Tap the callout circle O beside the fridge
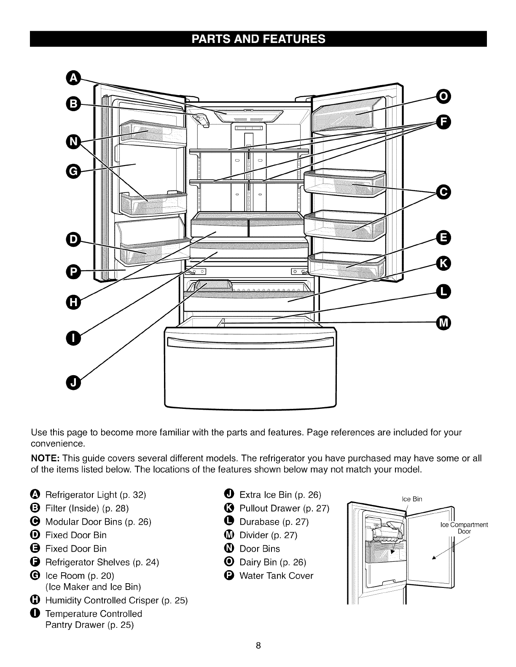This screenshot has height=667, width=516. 443,97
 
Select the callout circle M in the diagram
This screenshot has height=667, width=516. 443,323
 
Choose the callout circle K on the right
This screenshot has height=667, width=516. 443,264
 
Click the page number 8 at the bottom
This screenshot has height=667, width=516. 258,646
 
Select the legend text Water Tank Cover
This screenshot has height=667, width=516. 276,576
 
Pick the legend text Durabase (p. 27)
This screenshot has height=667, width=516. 274,522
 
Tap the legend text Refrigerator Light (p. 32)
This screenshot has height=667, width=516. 96,495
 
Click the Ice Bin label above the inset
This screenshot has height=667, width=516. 412,499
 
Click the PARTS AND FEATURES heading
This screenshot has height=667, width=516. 258,39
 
